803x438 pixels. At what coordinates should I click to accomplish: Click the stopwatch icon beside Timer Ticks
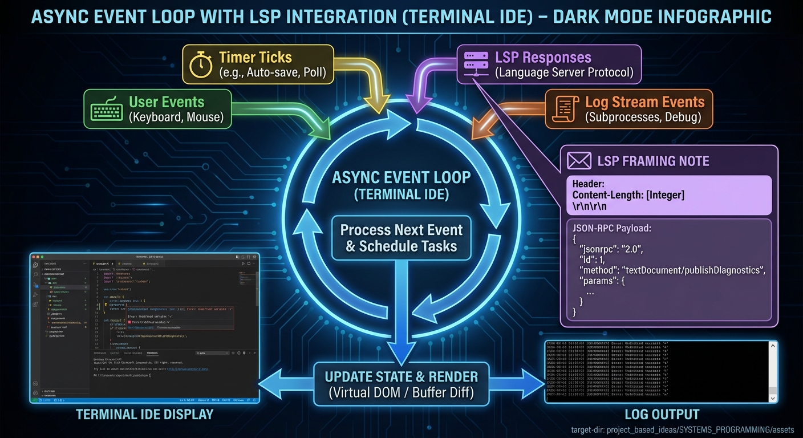(201, 64)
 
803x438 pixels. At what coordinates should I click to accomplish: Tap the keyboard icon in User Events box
(107, 109)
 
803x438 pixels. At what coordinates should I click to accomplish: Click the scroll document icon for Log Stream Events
(565, 109)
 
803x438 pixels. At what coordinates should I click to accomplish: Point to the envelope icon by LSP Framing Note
(579, 161)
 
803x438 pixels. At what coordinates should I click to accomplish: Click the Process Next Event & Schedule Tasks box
(401, 238)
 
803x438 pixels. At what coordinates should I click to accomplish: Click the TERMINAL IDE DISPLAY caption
(145, 415)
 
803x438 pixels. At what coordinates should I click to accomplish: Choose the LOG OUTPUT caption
(661, 415)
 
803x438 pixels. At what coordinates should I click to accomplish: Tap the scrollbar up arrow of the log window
(773, 346)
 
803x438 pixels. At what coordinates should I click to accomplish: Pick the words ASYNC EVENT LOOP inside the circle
(401, 177)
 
